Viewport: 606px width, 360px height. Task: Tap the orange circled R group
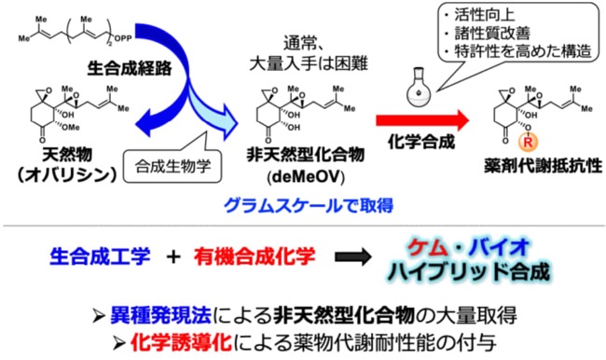(528, 142)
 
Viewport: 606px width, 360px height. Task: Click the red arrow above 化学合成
(422, 120)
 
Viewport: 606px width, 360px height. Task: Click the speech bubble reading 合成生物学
(172, 165)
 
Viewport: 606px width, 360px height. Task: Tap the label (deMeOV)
(305, 177)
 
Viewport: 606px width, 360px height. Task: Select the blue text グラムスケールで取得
(309, 205)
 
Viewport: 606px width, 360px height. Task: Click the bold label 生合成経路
(130, 68)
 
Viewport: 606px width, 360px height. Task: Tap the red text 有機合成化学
(255, 257)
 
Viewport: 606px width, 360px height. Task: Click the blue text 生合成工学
(100, 256)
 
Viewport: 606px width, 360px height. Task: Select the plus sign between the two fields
(173, 256)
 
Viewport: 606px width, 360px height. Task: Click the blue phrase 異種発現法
(160, 315)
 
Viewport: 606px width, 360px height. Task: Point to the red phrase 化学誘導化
(181, 342)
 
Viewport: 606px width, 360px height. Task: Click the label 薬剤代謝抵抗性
(543, 166)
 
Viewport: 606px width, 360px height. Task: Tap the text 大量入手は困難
(308, 63)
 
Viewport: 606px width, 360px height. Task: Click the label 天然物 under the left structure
(68, 155)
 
